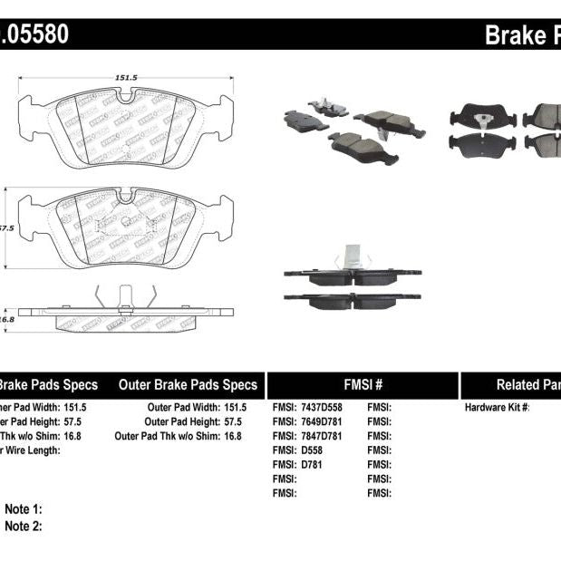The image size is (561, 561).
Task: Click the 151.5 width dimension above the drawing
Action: point(126,79)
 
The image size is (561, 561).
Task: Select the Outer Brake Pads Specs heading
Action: point(188,384)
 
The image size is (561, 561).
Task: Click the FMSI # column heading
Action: point(362,384)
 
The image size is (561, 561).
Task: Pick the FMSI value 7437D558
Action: point(324,408)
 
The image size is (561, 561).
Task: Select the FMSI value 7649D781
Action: point(324,421)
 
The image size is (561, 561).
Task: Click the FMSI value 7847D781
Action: point(324,436)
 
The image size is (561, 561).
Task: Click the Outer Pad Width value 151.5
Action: point(234,408)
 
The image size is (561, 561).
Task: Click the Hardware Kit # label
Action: point(497,408)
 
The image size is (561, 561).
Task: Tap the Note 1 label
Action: point(24,510)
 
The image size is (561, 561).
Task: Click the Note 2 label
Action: point(24,526)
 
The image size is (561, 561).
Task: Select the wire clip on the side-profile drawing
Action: point(126,296)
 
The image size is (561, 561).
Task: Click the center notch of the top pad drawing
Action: point(126,95)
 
